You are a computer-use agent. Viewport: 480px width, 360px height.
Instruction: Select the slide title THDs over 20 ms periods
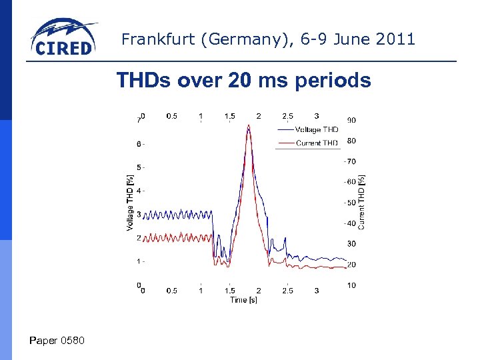(243, 81)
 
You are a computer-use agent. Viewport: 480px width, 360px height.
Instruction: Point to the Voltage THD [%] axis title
(129, 203)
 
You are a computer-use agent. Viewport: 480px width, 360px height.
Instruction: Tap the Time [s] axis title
(243, 300)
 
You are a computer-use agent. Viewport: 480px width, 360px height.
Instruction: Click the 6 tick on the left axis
(138, 144)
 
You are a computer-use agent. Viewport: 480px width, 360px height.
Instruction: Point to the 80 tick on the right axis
(351, 140)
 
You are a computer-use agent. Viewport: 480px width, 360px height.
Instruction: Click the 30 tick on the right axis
(351, 244)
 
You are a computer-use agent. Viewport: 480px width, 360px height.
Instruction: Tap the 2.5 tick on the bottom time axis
(287, 291)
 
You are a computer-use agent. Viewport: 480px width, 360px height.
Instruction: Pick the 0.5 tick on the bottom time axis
(171, 291)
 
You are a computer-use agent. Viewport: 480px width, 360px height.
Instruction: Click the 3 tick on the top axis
(316, 115)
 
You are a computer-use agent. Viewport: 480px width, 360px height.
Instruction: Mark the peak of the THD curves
(249, 126)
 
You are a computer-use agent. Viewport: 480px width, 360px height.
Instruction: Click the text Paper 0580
(57, 341)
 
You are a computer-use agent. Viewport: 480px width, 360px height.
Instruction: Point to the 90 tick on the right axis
(351, 120)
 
